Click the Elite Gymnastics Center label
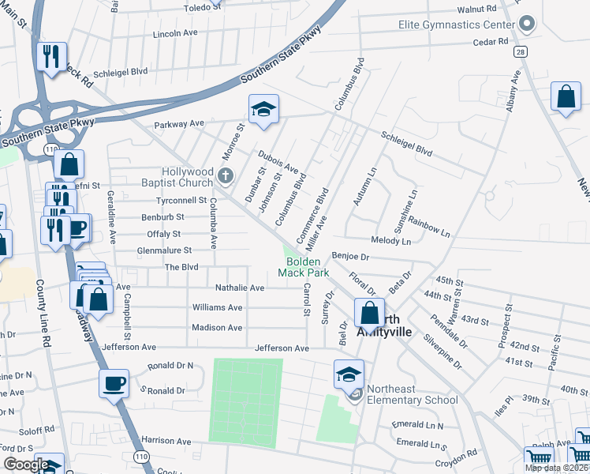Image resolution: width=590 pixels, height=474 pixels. point(455,24)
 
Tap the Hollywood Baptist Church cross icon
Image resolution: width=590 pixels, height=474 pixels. point(226,176)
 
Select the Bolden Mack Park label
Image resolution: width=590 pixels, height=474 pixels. point(303,267)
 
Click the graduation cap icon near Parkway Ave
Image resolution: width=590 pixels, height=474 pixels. point(263,110)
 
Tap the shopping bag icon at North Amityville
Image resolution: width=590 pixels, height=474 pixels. point(369,313)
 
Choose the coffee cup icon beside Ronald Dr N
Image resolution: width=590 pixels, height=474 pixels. point(114,384)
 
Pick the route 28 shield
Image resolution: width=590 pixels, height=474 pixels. point(521,51)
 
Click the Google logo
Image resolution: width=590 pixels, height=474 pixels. point(25,465)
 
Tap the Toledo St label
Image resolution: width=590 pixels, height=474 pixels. point(204,7)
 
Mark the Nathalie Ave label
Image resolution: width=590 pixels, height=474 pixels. point(240,288)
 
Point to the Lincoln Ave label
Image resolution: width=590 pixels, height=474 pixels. point(174,35)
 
